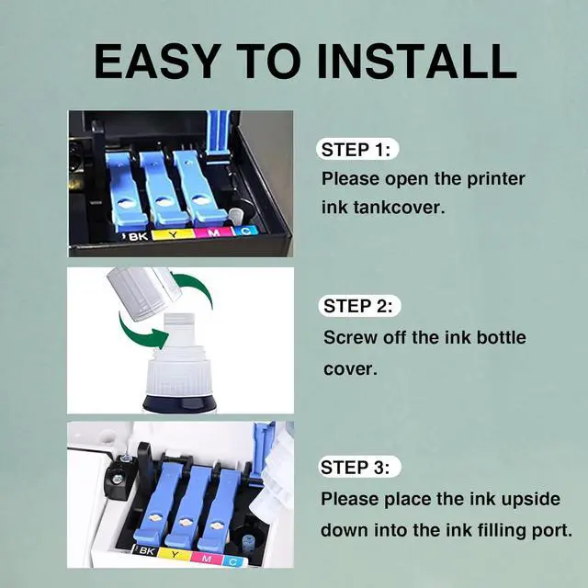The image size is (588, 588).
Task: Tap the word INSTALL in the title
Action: [x=417, y=62]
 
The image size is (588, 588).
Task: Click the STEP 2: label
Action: [x=358, y=306]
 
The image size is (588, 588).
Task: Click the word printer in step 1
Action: [x=495, y=179]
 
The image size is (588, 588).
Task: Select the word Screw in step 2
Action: [x=350, y=337]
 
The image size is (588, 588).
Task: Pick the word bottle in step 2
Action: [x=501, y=337]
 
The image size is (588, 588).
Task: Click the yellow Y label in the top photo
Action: [x=173, y=235]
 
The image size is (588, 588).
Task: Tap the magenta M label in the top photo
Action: [x=213, y=232]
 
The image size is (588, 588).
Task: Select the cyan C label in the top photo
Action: [x=245, y=231]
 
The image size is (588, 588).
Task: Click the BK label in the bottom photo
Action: [x=146, y=551]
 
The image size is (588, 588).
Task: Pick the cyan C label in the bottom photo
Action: [x=233, y=561]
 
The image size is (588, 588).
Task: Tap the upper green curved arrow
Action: [x=196, y=288]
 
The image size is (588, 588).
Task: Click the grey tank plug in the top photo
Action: [x=237, y=217]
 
